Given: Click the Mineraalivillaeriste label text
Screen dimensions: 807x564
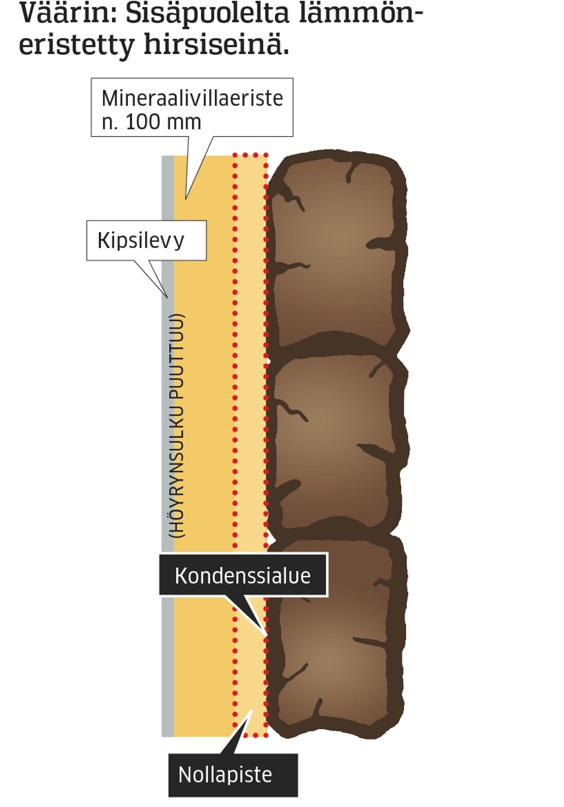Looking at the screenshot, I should [x=192, y=99].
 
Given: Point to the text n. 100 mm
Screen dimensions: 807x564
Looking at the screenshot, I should [x=151, y=122].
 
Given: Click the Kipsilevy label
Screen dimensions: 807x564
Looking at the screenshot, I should [x=141, y=241].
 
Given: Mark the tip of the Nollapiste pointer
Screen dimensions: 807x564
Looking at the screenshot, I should [x=252, y=710].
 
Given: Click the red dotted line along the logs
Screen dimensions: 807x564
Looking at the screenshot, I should [x=266, y=422].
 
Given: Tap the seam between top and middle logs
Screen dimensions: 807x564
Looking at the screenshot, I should [x=337, y=346].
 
